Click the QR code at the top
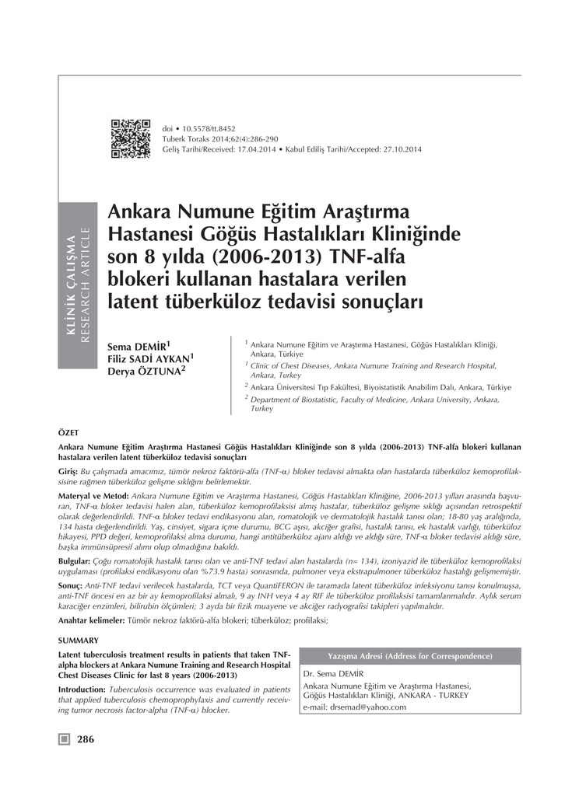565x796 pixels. pos(130,138)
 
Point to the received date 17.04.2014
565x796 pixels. pos(254,149)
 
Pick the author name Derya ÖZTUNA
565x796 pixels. pos(144,371)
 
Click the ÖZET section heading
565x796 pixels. pos(68,431)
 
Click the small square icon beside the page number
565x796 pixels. pos(65,739)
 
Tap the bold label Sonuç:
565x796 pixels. pos(71,584)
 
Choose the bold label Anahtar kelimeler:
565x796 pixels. pos(91,620)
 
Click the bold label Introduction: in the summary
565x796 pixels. pos(82,690)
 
